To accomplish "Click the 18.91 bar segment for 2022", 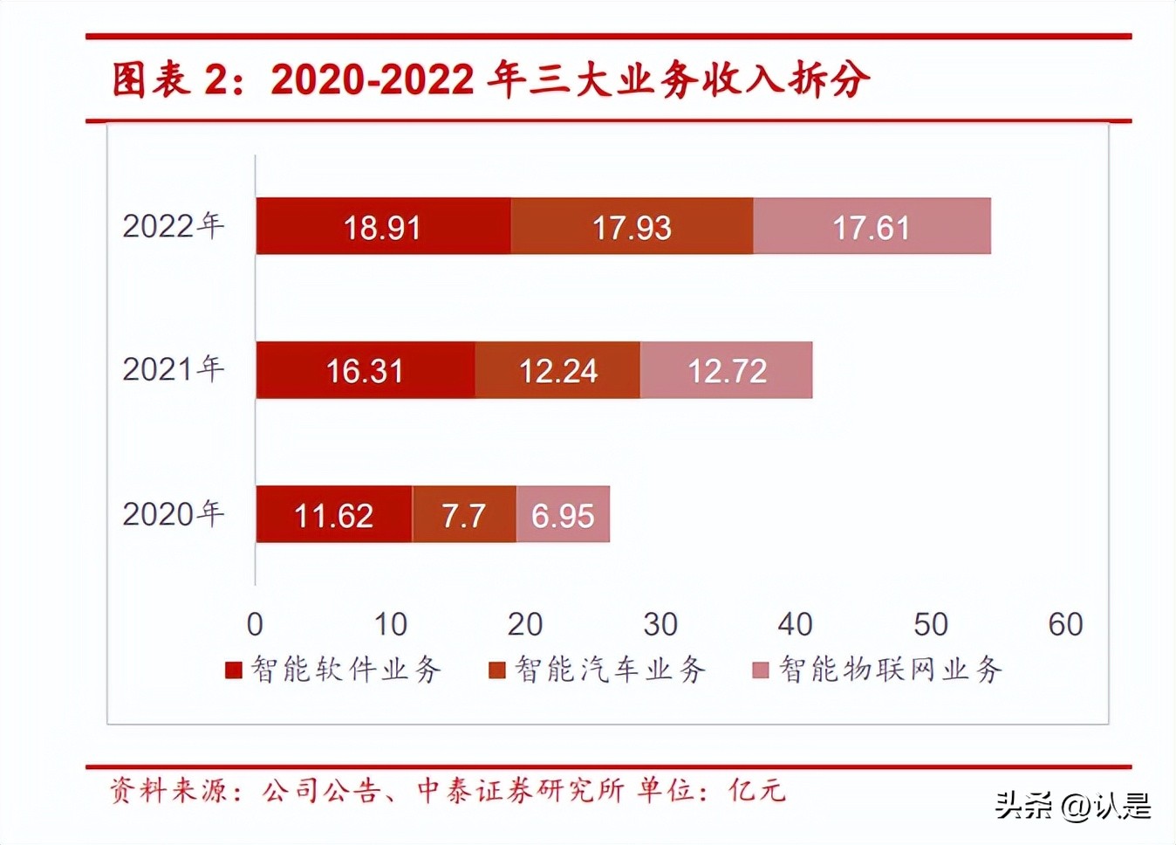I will [383, 227].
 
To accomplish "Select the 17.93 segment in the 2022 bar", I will [632, 227].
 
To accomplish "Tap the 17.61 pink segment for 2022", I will [872, 227].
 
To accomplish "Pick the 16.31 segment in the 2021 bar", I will [365, 371].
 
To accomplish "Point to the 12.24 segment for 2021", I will [557, 371].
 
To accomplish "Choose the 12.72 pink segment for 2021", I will [727, 371].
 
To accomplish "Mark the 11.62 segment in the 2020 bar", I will [333, 515].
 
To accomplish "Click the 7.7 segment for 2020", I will [463, 515].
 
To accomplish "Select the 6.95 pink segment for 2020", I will [563, 515].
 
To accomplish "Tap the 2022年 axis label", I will [173, 226].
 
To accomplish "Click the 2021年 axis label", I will [173, 369].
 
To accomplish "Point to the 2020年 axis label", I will [173, 513].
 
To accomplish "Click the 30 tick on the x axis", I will [660, 624].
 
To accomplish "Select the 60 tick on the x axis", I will [1065, 624].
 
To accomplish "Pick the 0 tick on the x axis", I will [255, 624].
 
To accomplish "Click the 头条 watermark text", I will [1024, 805].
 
